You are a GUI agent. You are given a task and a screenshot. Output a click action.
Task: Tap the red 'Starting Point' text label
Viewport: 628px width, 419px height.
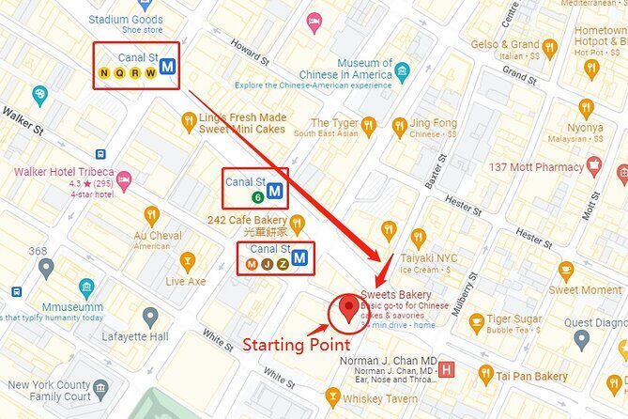297,344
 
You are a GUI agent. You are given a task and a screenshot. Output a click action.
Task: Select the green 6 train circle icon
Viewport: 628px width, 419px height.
257,197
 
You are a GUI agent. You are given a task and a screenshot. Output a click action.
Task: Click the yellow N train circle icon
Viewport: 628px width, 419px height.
104,72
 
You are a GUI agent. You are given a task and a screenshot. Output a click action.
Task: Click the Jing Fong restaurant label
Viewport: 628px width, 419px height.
433,122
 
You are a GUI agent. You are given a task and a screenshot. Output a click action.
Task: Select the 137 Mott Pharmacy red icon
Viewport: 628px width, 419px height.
593,166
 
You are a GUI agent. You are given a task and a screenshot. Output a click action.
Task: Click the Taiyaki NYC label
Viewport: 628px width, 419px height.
454,257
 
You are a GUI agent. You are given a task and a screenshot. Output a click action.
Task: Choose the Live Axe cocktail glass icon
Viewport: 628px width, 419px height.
186,259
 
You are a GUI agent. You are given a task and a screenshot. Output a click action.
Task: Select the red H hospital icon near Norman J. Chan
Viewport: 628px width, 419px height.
446,369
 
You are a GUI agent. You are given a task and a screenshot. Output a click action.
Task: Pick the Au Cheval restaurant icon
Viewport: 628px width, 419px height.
151,215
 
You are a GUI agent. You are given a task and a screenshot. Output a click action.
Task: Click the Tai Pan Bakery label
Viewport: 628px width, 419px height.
531,376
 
